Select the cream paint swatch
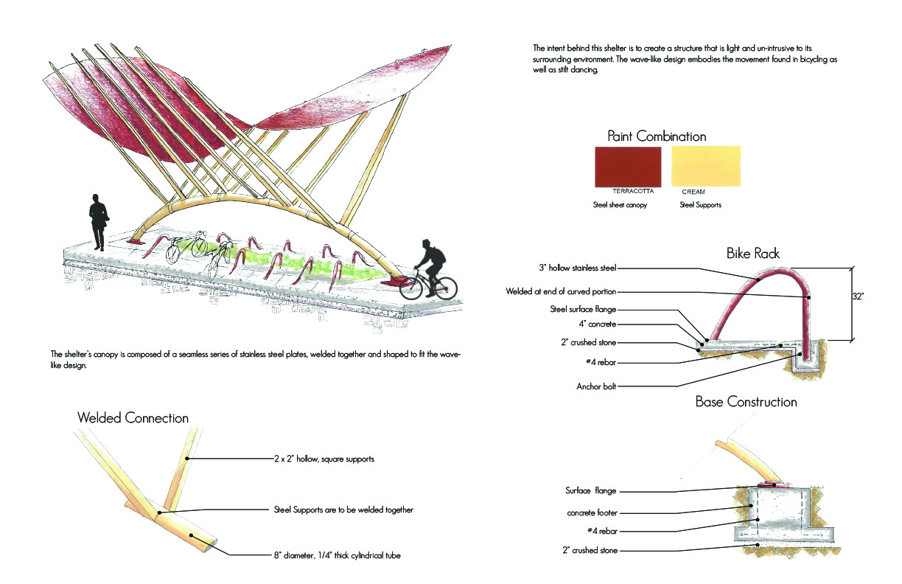coord(705,167)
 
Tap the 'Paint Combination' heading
coord(657,136)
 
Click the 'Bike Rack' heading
coord(752,254)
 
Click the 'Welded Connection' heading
coord(133,418)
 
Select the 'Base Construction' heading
coord(747,402)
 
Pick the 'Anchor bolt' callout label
coord(596,386)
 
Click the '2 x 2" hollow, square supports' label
coord(324,459)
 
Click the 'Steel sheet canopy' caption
coord(620,205)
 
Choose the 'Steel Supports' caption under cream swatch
coord(700,205)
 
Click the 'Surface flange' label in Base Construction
coord(591,490)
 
